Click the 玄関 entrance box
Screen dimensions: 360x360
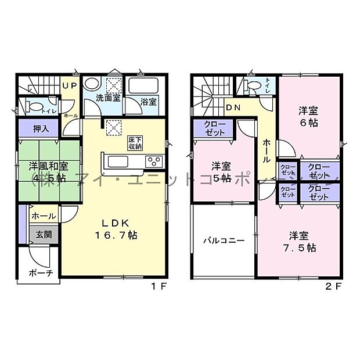pos(43,235)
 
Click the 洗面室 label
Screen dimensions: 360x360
pos(108,98)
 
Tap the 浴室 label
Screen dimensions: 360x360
pos(149,102)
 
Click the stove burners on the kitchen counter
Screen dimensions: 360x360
pos(155,161)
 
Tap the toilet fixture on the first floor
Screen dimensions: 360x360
pos(34,107)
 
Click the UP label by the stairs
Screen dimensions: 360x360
pos(70,85)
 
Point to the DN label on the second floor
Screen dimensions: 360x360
pos(233,107)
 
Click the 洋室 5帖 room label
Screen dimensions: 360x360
pos(221,171)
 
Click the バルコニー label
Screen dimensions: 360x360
pos(223,240)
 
